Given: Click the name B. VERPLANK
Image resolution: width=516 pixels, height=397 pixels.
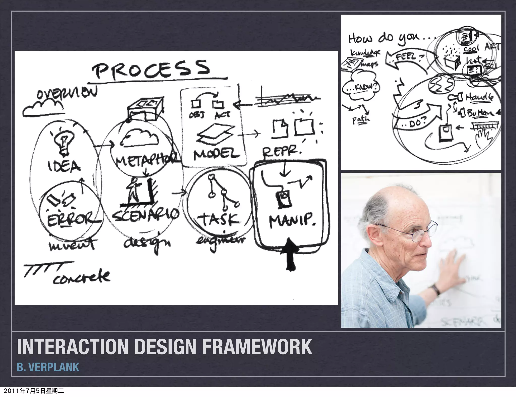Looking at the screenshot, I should coord(48,367).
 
